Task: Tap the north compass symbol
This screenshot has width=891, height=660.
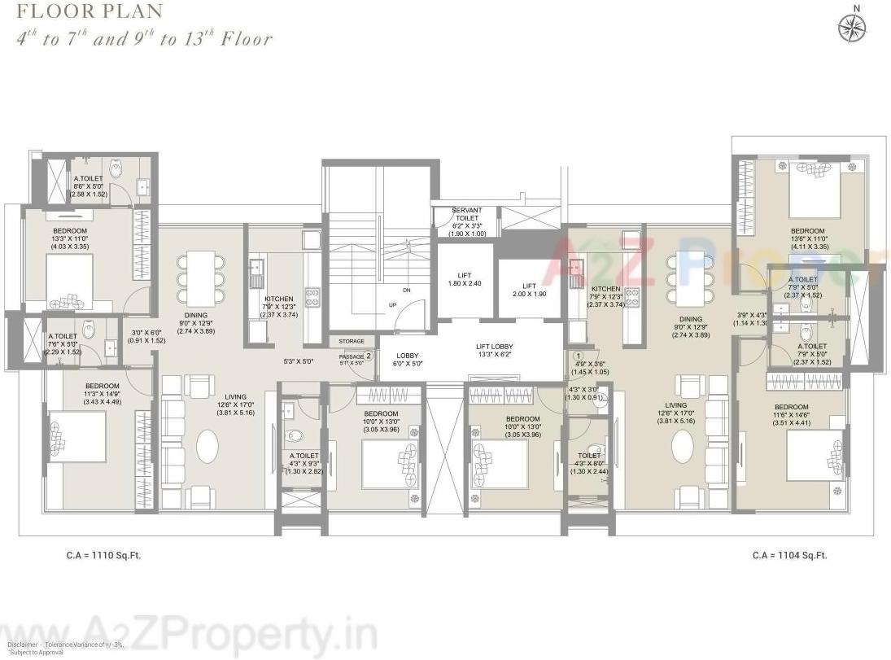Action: coord(853,26)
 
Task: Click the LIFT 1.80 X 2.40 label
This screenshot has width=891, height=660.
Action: coord(465,279)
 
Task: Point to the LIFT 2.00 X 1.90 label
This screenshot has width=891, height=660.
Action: coord(529,290)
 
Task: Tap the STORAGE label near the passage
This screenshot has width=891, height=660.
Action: coord(352,341)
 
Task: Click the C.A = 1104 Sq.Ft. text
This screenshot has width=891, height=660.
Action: coord(789,556)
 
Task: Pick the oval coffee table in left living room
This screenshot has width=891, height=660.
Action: coord(208,447)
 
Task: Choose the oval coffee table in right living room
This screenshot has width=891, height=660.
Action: coord(682,447)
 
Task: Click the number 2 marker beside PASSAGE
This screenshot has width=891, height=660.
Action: coord(368,356)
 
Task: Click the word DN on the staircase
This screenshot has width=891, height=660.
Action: coord(406,290)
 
